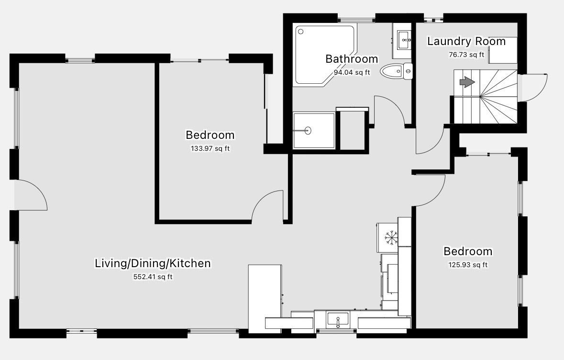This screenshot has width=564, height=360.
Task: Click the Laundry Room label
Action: (x=466, y=41)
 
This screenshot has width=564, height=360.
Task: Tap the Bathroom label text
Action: (x=352, y=59)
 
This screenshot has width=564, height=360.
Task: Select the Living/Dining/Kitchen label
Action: (x=153, y=263)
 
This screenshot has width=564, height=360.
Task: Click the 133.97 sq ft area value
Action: (x=210, y=148)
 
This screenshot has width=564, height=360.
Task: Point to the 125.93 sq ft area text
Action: (x=467, y=265)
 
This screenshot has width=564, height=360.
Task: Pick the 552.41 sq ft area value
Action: (x=153, y=277)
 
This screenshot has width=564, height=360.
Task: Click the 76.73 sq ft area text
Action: (x=466, y=55)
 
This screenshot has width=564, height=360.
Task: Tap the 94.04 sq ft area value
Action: (x=352, y=72)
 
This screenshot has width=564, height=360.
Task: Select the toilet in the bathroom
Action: (x=396, y=71)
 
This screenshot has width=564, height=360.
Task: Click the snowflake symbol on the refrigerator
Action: (x=391, y=237)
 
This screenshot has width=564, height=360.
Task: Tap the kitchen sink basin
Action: (x=337, y=320)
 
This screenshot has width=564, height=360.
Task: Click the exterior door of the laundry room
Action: (x=532, y=88)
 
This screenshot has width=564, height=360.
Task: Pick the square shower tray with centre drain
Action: (x=314, y=131)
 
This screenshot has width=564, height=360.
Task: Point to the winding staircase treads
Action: (x=485, y=97)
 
